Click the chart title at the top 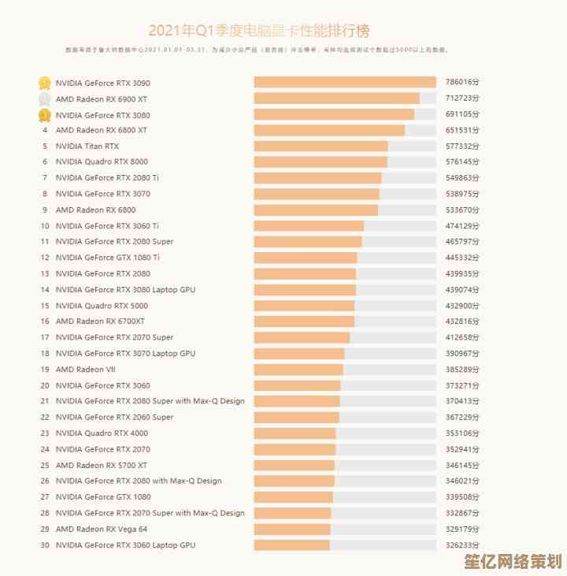click(x=258, y=31)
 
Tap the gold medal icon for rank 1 click(x=45, y=83)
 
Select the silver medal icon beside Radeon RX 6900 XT click(x=45, y=98)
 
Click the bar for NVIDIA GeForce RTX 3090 click(x=344, y=83)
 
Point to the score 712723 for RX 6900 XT click(x=461, y=98)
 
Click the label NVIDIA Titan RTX click(x=87, y=146)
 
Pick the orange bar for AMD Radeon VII click(x=298, y=370)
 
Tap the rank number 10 click(x=45, y=225)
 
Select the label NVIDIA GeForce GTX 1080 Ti click(x=108, y=258)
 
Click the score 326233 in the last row click(x=461, y=545)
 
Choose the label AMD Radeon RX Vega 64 click(x=102, y=529)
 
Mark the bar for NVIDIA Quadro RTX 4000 click(x=295, y=433)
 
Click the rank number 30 click(x=45, y=545)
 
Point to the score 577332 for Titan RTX click(x=461, y=146)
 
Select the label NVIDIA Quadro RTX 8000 click(x=102, y=162)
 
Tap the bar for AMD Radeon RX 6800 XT click(x=329, y=130)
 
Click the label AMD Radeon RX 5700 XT click(x=102, y=465)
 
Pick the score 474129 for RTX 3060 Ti click(x=461, y=225)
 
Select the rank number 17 click(x=45, y=337)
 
